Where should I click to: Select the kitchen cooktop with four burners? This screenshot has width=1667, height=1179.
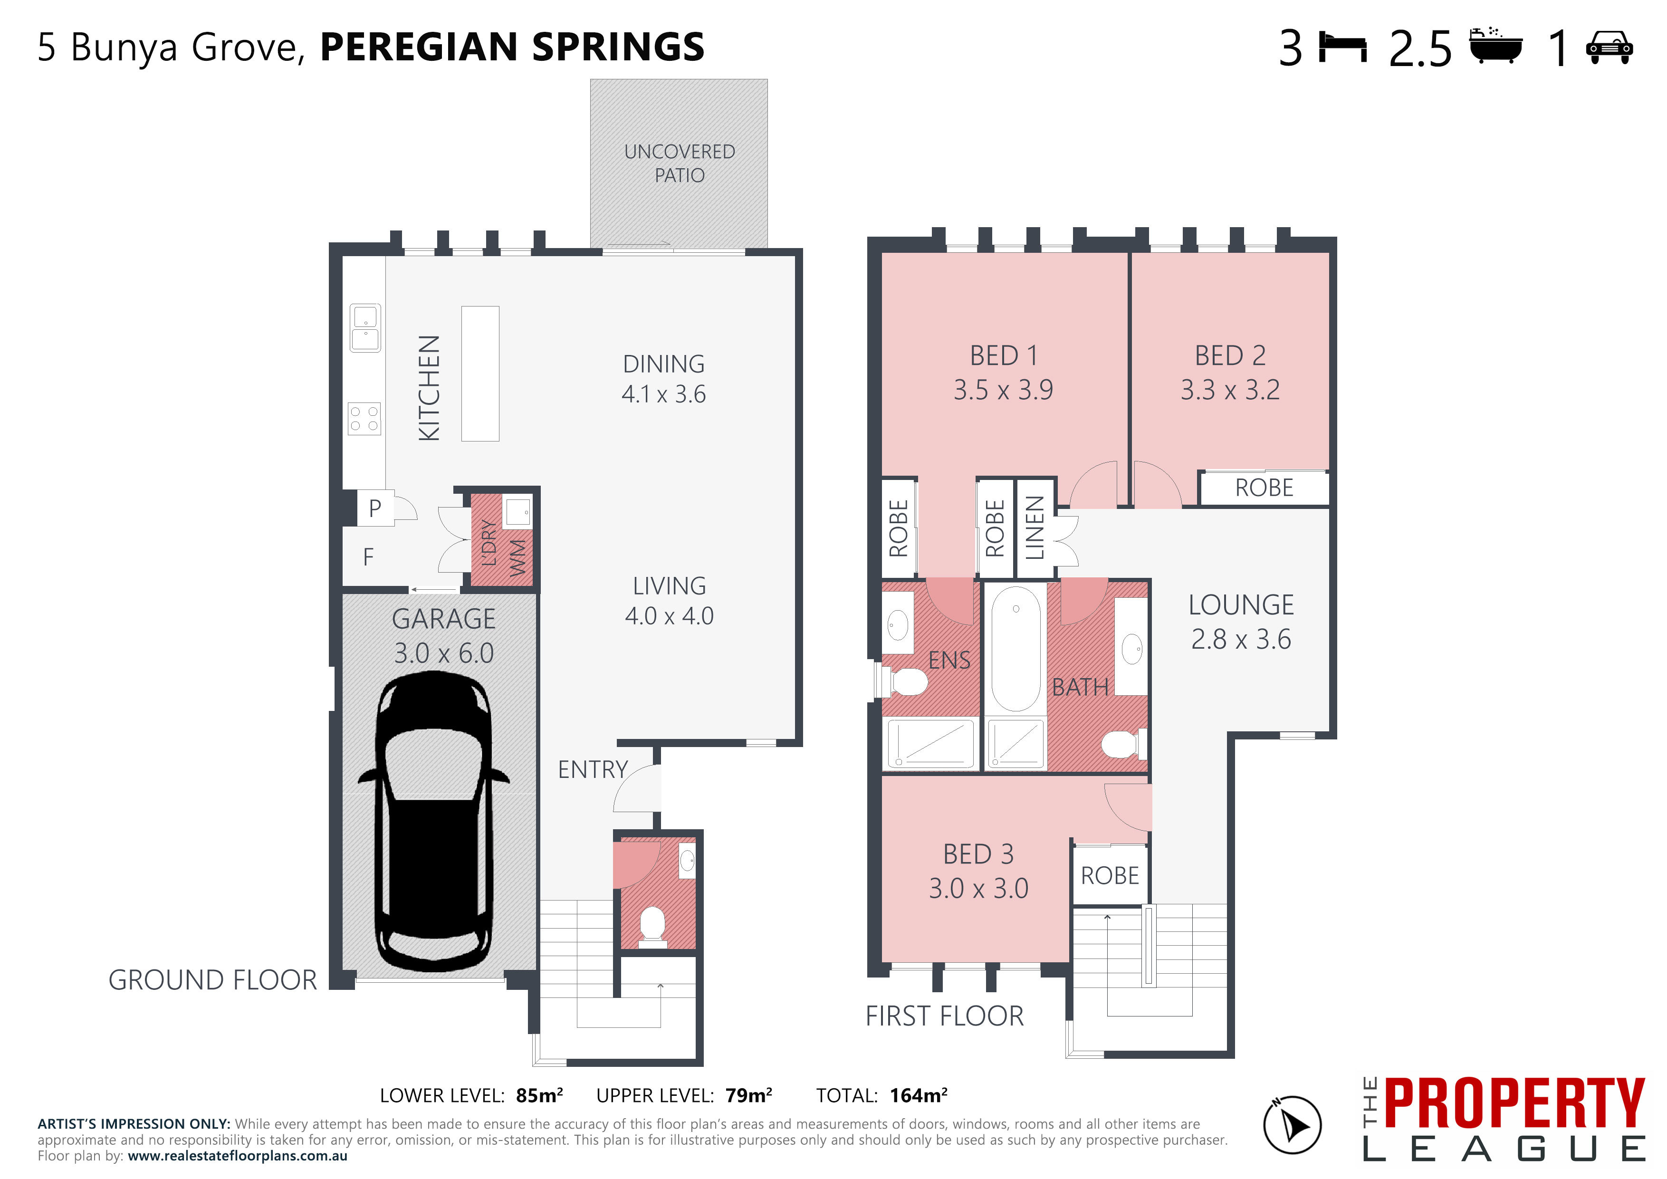coord(364,419)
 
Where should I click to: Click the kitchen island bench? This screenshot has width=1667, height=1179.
coord(480,373)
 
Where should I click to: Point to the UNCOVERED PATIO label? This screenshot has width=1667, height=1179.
coord(680,163)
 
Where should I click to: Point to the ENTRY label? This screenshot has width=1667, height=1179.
coord(593,769)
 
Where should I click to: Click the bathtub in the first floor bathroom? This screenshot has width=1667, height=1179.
coord(1016,648)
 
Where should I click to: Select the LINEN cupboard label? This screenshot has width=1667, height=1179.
coord(1035,528)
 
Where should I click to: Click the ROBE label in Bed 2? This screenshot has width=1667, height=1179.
coord(1264,488)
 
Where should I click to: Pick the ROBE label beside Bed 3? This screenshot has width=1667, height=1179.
coord(1110,876)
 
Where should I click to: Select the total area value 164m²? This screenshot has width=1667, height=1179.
coord(919,1095)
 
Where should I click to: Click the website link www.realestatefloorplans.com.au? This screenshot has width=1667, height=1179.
coord(238,1156)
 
